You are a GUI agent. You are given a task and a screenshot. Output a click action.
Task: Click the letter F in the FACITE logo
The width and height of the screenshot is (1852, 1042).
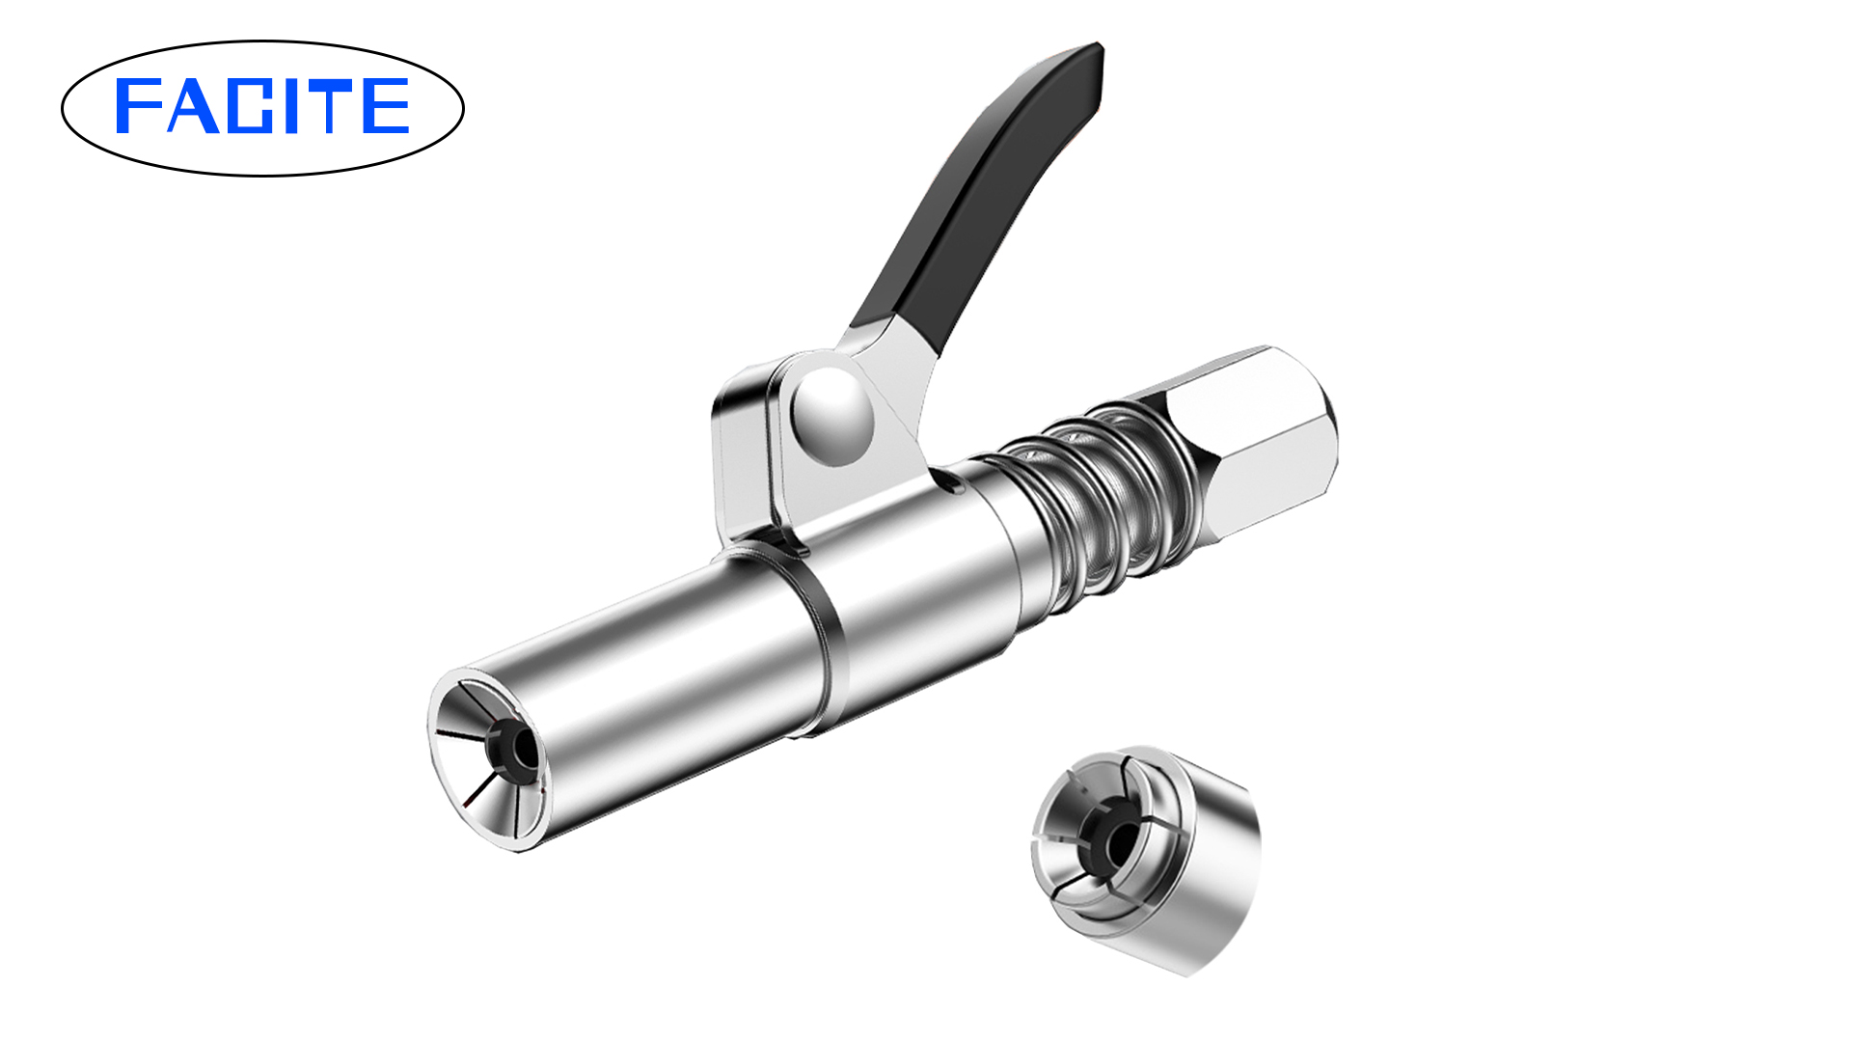pyautogui.click(x=135, y=106)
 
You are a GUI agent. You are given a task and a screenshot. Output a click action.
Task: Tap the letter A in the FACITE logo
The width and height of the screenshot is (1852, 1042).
pyautogui.click(x=191, y=106)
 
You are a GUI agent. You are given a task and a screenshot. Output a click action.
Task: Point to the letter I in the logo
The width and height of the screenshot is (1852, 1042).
pyautogui.click(x=307, y=106)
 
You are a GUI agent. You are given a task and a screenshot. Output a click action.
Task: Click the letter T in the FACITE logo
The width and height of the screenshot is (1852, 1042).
pyautogui.click(x=340, y=106)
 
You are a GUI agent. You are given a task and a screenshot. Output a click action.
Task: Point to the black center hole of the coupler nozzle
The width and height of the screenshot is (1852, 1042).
pyautogui.click(x=521, y=748)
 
